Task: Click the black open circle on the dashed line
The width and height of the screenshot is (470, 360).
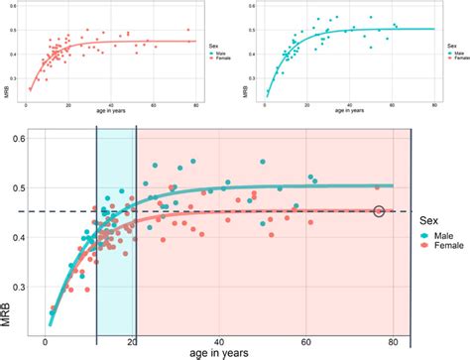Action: pos(379,211)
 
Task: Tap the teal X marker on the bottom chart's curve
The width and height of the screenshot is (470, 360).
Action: pos(89,240)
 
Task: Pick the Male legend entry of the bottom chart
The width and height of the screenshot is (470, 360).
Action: pos(442,235)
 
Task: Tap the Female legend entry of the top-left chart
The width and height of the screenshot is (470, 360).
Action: pos(218,61)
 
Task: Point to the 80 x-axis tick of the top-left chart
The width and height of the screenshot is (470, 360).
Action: pos(197,104)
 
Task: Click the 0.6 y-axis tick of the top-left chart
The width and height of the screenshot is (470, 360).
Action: pos(12,12)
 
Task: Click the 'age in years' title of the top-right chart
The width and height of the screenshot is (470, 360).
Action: pos(351,113)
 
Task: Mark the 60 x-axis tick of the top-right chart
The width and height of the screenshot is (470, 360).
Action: pos(393,104)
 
